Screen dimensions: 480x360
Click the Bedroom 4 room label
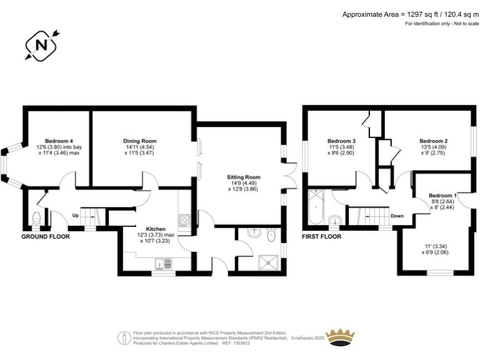(59, 141)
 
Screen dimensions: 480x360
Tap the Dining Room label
(140, 141)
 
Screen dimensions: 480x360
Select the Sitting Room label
(244, 177)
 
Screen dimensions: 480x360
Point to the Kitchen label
(156, 229)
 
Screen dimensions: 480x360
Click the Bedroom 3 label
(341, 141)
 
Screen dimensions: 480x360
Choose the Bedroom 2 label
(434, 141)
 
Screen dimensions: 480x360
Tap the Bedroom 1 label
(442, 195)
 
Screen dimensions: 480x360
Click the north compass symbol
(41, 46)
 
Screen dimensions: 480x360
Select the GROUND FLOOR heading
(46, 237)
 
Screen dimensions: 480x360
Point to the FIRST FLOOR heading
(321, 237)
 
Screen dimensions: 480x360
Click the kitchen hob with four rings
(184, 220)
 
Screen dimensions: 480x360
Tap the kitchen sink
(164, 264)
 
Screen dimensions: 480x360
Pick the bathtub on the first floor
(316, 207)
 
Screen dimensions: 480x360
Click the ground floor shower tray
(269, 263)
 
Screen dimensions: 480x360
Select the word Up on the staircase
(75, 215)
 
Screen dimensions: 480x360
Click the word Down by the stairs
(397, 216)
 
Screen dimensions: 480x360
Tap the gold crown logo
(340, 337)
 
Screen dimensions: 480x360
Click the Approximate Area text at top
(410, 14)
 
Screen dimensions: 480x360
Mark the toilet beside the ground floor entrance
(36, 218)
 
